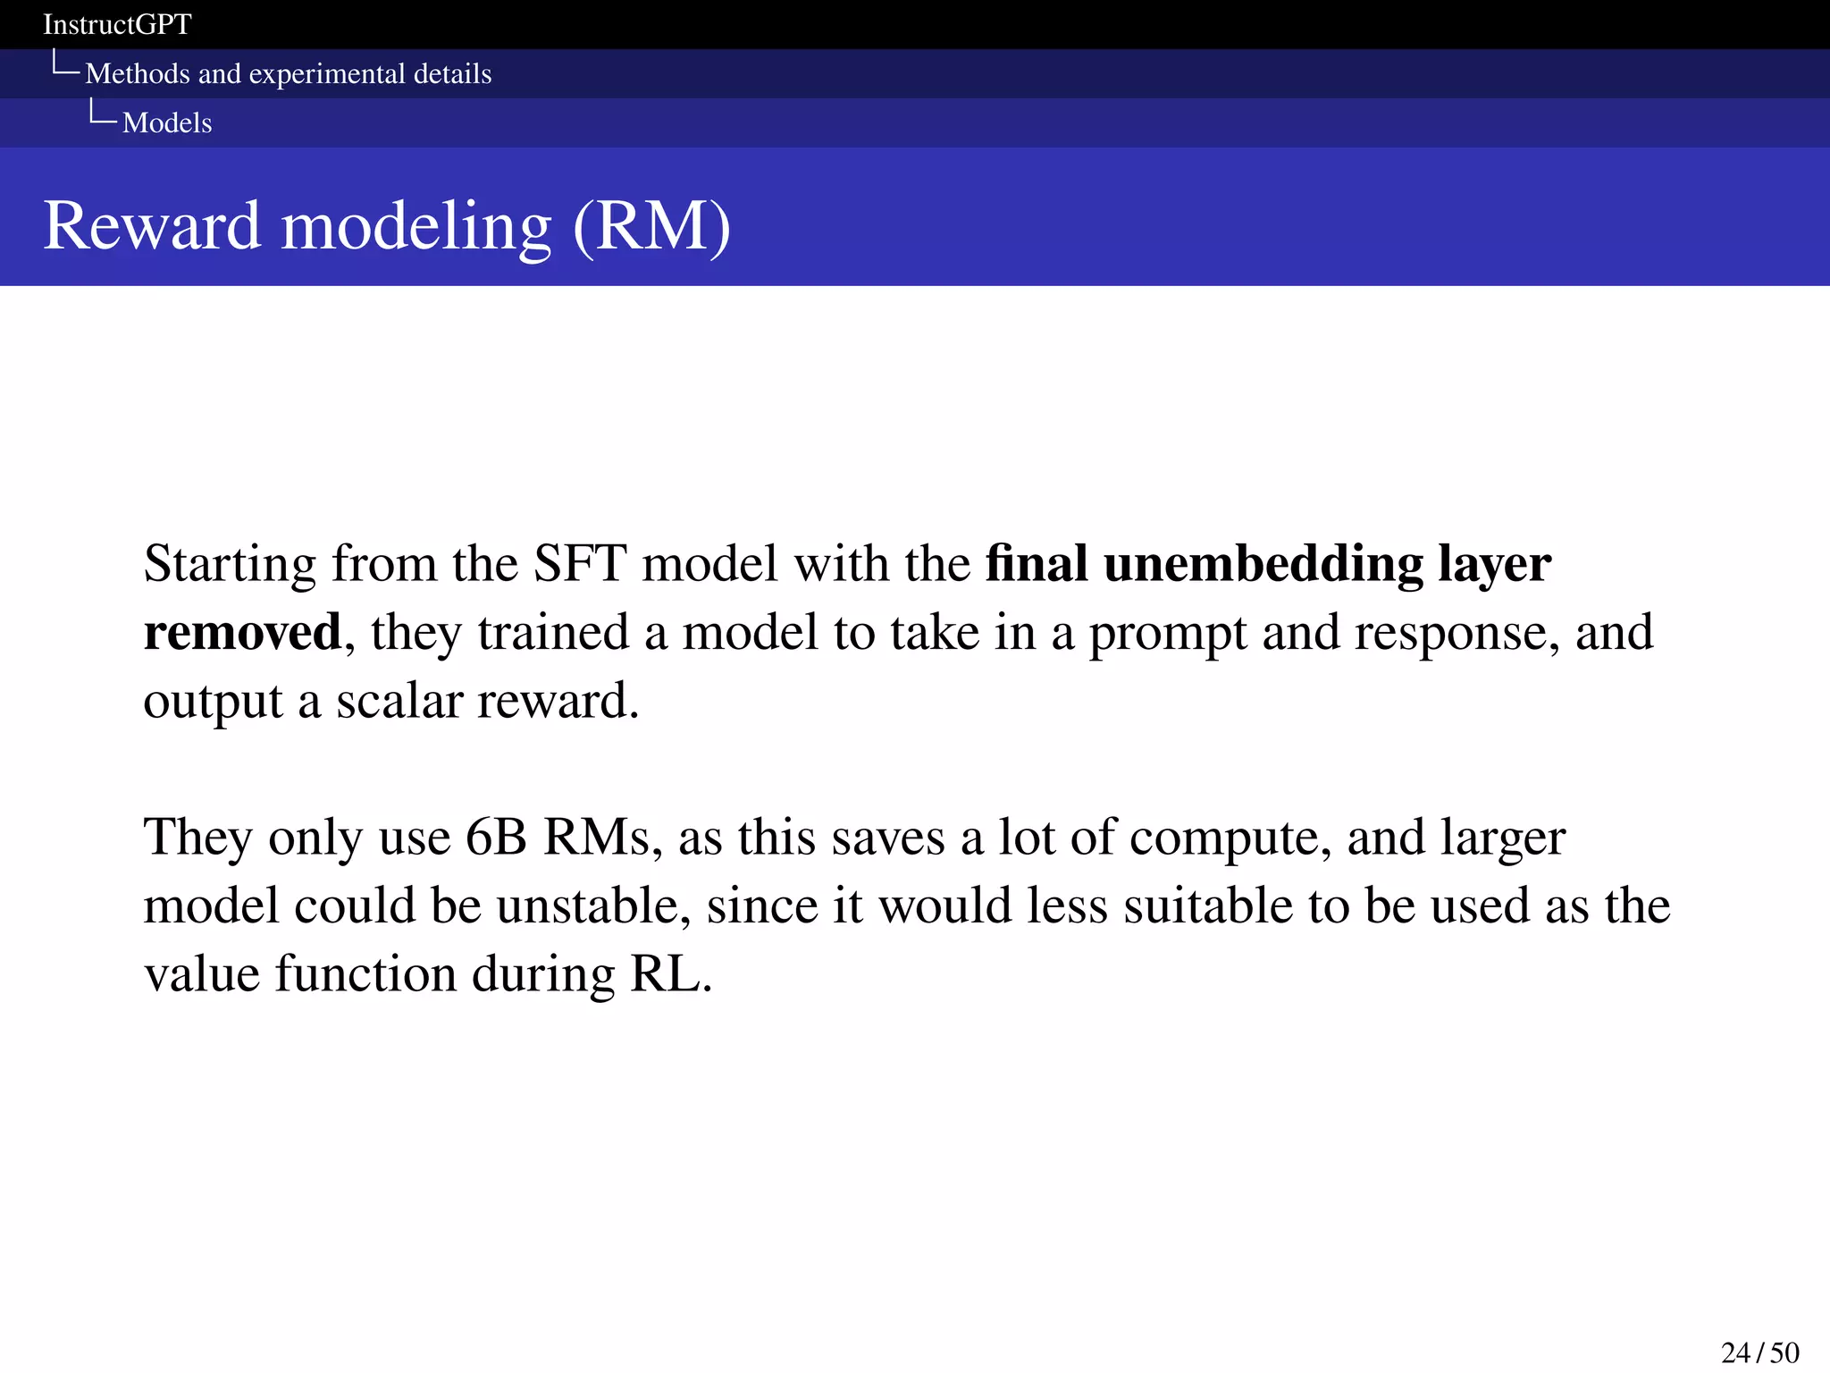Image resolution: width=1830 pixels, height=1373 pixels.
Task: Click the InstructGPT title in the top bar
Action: click(117, 24)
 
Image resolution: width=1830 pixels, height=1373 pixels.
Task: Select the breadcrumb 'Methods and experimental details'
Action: click(288, 73)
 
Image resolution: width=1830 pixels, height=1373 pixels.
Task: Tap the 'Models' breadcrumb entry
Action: click(167, 122)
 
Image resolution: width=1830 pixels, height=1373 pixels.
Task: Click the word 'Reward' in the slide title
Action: click(151, 225)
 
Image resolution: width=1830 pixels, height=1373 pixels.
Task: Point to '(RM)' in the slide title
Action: click(651, 225)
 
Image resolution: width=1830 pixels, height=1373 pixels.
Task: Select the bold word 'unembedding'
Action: click(1263, 564)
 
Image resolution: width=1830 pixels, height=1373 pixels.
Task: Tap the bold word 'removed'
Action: click(242, 632)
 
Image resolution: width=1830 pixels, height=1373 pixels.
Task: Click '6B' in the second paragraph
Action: click(496, 838)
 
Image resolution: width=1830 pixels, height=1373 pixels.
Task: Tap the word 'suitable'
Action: click(1207, 906)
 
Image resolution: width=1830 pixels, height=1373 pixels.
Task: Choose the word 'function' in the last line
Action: click(365, 973)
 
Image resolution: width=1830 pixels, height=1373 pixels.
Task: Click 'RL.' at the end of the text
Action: click(671, 973)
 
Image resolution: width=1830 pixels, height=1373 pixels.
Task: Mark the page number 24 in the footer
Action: click(1736, 1352)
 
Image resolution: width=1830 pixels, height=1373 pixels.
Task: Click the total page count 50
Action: click(1784, 1352)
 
